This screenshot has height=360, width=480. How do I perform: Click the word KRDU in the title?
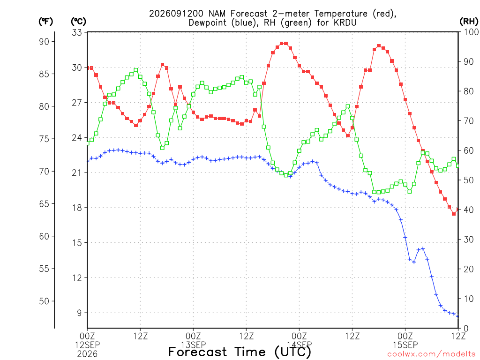(x=345, y=22)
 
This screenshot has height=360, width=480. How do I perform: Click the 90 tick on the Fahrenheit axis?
(x=44, y=42)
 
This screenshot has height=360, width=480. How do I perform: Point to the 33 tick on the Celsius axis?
(x=77, y=32)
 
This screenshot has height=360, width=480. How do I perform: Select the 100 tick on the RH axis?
(x=471, y=32)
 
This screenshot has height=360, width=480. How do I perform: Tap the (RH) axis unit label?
(x=469, y=21)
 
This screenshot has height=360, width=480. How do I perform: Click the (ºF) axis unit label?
(x=45, y=22)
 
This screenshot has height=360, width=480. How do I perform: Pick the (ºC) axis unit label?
(x=78, y=22)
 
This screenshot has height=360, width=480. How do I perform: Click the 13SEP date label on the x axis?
(x=193, y=345)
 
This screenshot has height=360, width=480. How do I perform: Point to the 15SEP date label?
(x=405, y=345)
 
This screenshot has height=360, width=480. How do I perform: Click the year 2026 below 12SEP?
(x=87, y=354)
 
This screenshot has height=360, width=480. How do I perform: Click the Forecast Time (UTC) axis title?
(x=240, y=352)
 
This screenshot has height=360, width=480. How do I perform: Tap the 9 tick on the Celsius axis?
(x=79, y=313)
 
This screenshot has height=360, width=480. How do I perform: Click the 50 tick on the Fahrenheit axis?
(x=44, y=301)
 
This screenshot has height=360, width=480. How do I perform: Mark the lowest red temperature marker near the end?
(x=454, y=214)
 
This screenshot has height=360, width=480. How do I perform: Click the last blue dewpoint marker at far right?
(x=458, y=316)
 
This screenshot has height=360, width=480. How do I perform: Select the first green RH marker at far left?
(x=88, y=143)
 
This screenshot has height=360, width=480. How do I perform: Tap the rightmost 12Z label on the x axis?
(x=458, y=336)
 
